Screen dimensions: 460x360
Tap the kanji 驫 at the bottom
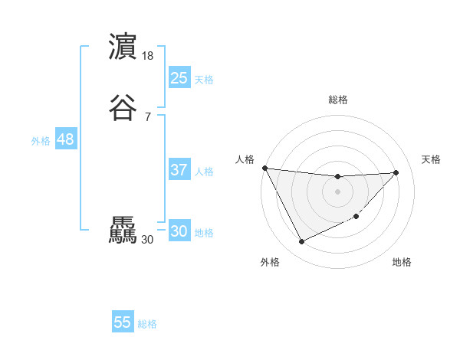[123, 231]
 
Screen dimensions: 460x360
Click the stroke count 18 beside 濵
[149, 56]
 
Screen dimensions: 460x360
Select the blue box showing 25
[179, 77]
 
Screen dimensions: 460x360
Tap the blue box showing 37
[179, 170]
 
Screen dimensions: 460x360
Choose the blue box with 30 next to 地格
[179, 231]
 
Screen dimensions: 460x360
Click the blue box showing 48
[65, 139]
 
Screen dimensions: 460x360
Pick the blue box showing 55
[123, 322]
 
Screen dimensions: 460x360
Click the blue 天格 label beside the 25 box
[204, 79]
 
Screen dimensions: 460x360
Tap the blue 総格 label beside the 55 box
[147, 324]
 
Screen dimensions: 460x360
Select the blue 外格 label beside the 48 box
[41, 141]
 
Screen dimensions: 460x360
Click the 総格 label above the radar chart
[338, 100]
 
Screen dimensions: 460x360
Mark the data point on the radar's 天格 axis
[396, 172]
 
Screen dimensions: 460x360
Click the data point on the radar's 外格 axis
[301, 242]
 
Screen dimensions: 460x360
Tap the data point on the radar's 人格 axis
[264, 168]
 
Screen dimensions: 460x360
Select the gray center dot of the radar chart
[337, 191]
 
